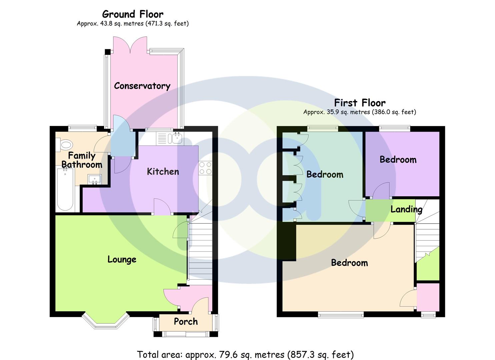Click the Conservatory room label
pyautogui.click(x=142, y=86)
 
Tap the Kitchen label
pyautogui.click(x=163, y=172)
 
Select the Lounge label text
pyautogui.click(x=122, y=259)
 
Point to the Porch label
pyautogui.click(x=186, y=322)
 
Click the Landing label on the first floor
pyautogui.click(x=406, y=209)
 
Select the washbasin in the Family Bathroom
pyautogui.click(x=95, y=179)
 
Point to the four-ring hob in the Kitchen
pyautogui.click(x=205, y=168)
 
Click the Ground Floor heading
pyautogui.click(x=133, y=14)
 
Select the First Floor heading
pyautogui.click(x=360, y=103)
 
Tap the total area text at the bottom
pyautogui.click(x=245, y=354)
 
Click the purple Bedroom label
pyautogui.click(x=398, y=160)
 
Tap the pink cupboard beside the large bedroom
pyautogui.click(x=428, y=296)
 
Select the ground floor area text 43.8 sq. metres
pyautogui.click(x=133, y=24)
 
